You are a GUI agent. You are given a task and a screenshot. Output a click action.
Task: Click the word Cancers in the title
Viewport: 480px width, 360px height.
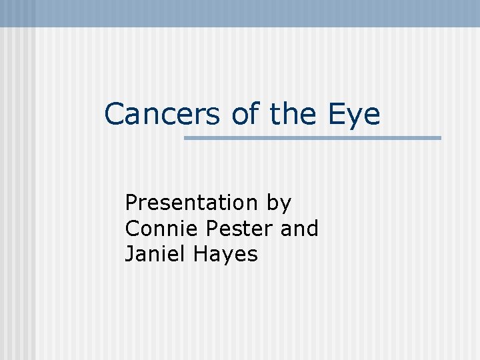[x=162, y=114]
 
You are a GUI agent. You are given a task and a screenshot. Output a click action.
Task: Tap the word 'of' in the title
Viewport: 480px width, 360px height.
[x=245, y=114]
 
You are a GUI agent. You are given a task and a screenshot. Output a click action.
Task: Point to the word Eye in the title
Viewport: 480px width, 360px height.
[x=354, y=115]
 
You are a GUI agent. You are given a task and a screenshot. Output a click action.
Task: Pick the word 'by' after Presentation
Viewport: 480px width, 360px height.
[x=279, y=203]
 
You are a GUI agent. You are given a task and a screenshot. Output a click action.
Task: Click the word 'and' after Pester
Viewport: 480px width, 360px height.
[x=299, y=228]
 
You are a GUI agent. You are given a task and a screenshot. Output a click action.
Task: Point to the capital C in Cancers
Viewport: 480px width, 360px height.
[x=115, y=114]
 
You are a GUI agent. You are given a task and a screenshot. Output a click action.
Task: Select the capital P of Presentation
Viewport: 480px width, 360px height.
[x=131, y=202]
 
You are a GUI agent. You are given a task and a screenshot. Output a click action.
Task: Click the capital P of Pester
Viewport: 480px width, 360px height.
[x=213, y=228]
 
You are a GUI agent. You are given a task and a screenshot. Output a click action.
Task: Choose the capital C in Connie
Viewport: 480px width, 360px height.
[x=132, y=228]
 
